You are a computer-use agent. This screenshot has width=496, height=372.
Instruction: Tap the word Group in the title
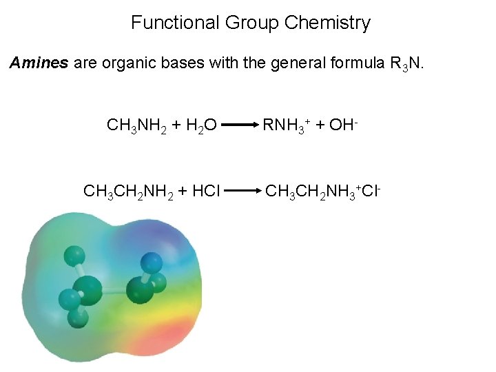point(252,23)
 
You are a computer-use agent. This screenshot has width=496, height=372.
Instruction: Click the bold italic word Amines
point(39,63)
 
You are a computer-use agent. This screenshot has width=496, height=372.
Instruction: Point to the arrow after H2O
point(240,126)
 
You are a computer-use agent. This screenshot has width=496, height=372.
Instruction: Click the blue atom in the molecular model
point(151,262)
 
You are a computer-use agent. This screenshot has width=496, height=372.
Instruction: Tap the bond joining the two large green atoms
point(114,291)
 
